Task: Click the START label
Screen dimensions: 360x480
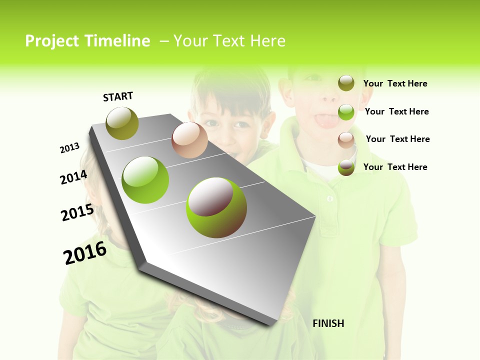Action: pyautogui.click(x=118, y=96)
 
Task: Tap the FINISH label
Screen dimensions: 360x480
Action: pyautogui.click(x=328, y=323)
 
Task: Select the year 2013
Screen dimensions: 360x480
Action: pyautogui.click(x=69, y=148)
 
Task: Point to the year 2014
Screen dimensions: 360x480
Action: pyautogui.click(x=73, y=177)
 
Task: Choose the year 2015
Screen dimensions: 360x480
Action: pyautogui.click(x=77, y=212)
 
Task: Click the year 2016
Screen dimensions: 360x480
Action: pyautogui.click(x=85, y=253)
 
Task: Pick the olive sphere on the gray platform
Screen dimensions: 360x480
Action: pyautogui.click(x=122, y=123)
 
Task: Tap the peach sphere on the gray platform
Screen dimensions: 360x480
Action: pyautogui.click(x=189, y=140)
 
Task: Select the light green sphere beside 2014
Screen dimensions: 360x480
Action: pyautogui.click(x=145, y=179)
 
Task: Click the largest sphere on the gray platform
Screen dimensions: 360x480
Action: pyautogui.click(x=216, y=207)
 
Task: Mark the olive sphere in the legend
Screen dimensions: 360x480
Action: pyautogui.click(x=346, y=83)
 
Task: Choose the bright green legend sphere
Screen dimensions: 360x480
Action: pyautogui.click(x=346, y=111)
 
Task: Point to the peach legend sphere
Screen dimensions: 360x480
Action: pyautogui.click(x=346, y=139)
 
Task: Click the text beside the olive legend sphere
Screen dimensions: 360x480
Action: pyautogui.click(x=395, y=83)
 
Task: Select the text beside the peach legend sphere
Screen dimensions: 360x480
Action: pyautogui.click(x=397, y=139)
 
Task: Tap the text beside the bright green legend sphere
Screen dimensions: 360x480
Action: pyautogui.click(x=396, y=111)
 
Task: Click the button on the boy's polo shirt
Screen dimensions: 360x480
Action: pyautogui.click(x=330, y=199)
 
